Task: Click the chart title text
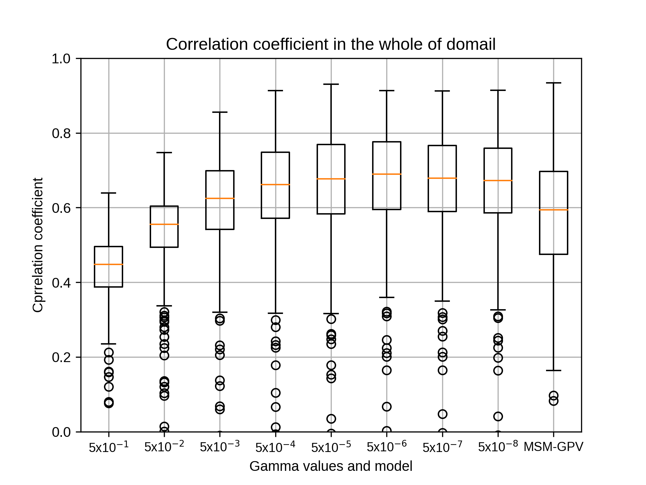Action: point(331,44)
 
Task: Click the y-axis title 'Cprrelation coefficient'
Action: point(38,245)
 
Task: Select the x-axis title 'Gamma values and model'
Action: point(331,466)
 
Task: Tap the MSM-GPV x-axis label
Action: point(553,447)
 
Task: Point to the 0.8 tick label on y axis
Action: point(61,133)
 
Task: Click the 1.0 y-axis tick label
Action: point(61,59)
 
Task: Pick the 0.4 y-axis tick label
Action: point(61,283)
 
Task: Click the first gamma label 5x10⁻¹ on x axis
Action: point(109,447)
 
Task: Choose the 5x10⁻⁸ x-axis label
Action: point(498,447)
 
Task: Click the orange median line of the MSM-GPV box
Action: point(553,210)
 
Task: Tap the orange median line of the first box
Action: point(109,264)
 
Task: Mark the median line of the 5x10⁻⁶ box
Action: point(387,174)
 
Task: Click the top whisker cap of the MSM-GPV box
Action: point(553,83)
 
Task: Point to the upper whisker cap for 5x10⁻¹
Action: point(109,193)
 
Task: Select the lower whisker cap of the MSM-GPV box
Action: point(553,370)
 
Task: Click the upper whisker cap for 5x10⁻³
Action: point(220,112)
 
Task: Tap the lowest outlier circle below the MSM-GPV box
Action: point(553,401)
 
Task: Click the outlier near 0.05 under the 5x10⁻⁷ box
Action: point(442,414)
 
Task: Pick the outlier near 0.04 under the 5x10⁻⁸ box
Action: point(498,417)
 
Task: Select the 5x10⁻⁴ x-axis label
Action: point(275,447)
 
